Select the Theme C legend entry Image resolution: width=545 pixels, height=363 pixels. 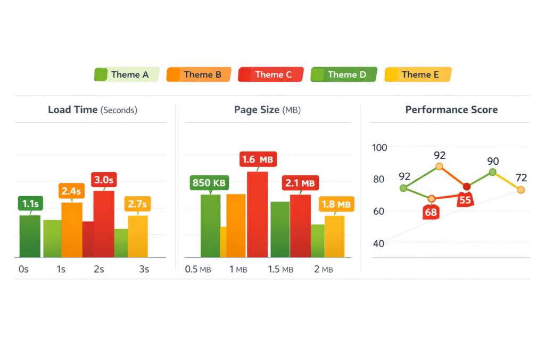click(271, 74)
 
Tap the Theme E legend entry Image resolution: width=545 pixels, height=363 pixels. click(418, 74)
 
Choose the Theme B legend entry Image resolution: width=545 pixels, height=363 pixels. click(199, 74)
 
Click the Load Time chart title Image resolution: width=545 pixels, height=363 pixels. click(93, 110)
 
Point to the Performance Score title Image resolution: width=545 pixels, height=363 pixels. click(451, 110)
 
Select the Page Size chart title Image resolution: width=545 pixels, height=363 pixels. click(267, 110)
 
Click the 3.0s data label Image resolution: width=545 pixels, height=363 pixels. click(104, 180)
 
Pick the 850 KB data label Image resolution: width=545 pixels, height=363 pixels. click(209, 183)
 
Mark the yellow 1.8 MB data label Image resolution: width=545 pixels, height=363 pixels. click(336, 204)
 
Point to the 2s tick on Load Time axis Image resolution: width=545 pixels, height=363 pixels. click(98, 269)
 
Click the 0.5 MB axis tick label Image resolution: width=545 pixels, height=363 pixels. click(198, 269)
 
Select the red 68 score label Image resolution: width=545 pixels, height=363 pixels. click(431, 212)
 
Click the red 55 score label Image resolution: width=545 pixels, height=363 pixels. click(465, 200)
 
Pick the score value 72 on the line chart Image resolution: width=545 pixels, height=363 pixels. click(521, 178)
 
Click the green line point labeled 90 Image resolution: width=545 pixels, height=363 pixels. click(493, 172)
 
